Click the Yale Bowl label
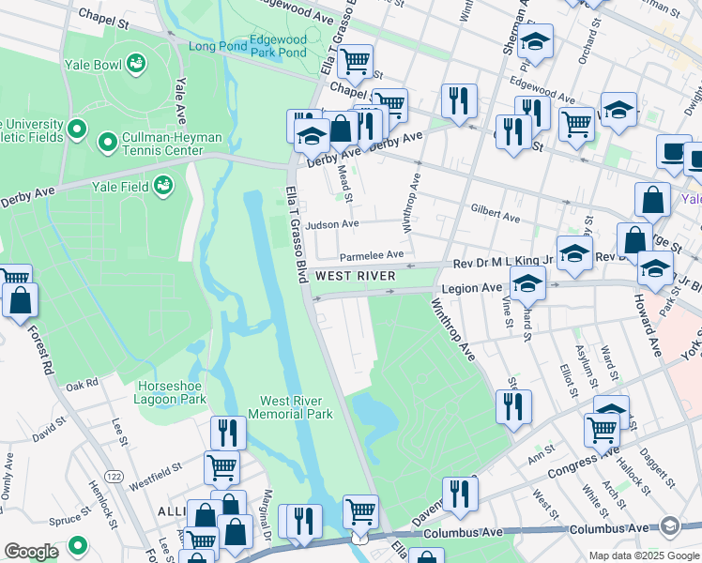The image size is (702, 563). tap(91, 65)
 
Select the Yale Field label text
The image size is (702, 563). tap(116, 186)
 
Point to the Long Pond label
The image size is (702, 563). tap(216, 46)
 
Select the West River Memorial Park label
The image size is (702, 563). tap(297, 407)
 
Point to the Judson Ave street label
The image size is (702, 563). tap(338, 224)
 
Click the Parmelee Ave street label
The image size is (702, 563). tap(371, 254)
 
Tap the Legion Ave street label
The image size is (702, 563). tap(480, 287)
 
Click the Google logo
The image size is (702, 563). tap(31, 552)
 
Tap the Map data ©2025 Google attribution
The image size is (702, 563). tap(643, 555)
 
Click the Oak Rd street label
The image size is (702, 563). tap(82, 385)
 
